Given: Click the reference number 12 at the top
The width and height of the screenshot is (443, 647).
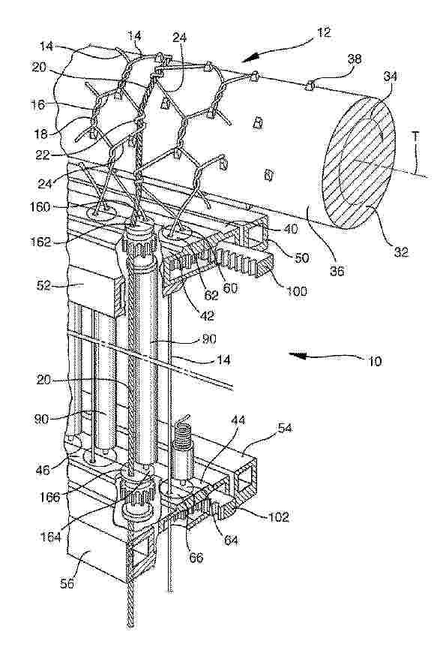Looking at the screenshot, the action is [324, 32].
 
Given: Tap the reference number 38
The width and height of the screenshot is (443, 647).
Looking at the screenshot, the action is [354, 59].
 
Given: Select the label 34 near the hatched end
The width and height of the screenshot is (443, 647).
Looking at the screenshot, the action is [390, 76].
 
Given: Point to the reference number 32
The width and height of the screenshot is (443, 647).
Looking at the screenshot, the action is [400, 251].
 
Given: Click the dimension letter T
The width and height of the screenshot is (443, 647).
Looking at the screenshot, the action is [415, 137].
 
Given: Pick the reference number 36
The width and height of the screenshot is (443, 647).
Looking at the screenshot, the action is [337, 271].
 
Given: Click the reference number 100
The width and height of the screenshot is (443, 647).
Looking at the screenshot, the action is [296, 291].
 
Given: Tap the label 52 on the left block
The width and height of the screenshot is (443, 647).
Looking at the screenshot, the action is [43, 285].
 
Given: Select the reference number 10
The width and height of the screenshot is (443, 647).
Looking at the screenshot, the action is [374, 362].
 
